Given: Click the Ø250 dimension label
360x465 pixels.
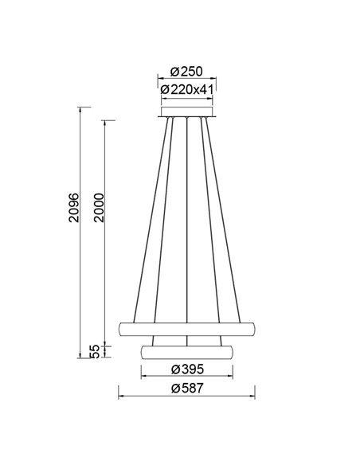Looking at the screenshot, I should point(186,69).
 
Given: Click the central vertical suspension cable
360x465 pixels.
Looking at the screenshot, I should point(186,223).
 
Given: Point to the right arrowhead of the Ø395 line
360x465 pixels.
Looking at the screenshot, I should point(230,377).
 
